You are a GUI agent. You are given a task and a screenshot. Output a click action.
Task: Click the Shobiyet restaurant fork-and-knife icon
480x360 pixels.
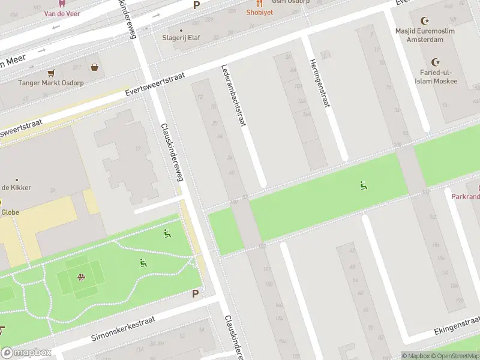click(259, 3)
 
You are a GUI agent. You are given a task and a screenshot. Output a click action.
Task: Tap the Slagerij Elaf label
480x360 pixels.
click(181, 38)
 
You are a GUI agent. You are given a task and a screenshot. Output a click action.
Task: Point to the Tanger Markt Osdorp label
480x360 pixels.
click(50, 83)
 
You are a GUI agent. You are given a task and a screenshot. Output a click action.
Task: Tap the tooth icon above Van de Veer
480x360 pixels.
click(61, 3)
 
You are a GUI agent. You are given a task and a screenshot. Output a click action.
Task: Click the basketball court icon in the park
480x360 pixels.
click(80, 277)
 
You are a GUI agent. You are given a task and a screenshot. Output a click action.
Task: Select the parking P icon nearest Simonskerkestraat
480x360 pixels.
click(195, 293)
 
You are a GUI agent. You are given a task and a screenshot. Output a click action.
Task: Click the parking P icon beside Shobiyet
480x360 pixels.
click(196, 5)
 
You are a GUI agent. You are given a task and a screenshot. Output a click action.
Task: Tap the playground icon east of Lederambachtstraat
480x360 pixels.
click(363, 185)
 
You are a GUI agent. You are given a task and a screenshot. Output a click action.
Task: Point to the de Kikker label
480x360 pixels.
click(16, 187)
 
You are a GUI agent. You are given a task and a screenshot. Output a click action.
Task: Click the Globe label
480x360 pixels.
click(10, 212)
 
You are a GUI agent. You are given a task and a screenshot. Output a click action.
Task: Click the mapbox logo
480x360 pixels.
click(26, 353)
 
